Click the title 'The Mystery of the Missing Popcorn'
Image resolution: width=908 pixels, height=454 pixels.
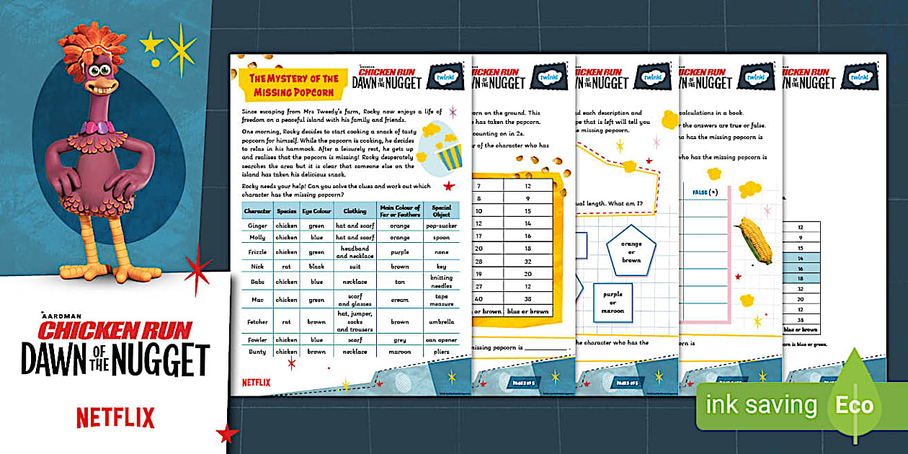click(293, 84)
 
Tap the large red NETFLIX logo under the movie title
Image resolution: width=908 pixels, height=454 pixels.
click(115, 417)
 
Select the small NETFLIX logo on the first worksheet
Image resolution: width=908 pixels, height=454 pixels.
click(256, 383)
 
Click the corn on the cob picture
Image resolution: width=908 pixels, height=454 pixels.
click(753, 241)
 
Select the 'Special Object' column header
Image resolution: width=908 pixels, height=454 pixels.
click(442, 211)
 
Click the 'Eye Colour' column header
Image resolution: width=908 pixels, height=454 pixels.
click(317, 211)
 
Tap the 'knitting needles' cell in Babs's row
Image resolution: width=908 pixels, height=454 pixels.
click(442, 281)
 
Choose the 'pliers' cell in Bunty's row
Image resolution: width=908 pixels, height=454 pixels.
click(442, 352)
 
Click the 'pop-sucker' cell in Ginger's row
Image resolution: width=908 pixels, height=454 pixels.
click(442, 225)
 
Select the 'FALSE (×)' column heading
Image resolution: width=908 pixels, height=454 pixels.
click(705, 192)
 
